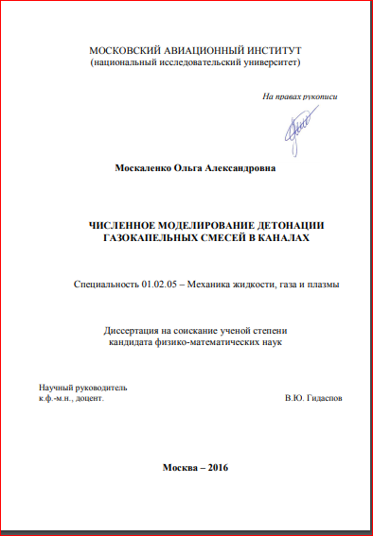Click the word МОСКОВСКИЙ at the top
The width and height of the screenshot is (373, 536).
click(x=125, y=50)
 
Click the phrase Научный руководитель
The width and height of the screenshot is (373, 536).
click(x=81, y=389)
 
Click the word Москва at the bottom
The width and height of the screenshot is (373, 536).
click(x=180, y=469)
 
